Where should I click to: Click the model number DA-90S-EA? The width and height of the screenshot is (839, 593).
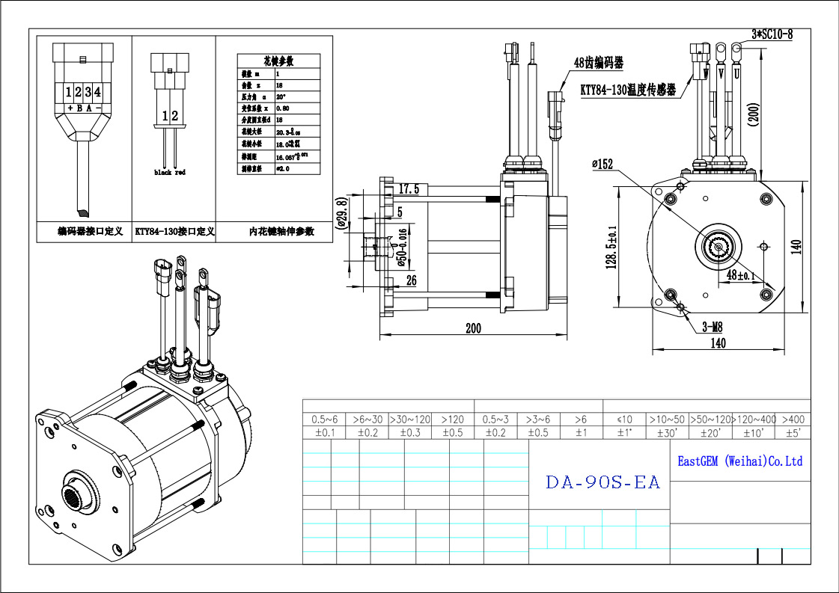coord(602,482)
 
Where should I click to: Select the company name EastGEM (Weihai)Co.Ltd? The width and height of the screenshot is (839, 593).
coord(739,461)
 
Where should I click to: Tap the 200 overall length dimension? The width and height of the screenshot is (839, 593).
coord(473,328)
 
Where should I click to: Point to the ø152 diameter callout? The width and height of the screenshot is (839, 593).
coord(603,164)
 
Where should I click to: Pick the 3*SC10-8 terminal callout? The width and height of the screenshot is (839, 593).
coord(771,34)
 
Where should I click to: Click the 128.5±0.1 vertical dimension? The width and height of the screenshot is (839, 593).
coord(611,248)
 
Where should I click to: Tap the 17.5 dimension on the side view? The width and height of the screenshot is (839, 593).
coord(409,188)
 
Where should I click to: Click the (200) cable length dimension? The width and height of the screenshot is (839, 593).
coord(754,113)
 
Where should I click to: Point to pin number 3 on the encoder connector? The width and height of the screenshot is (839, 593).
coord(88,92)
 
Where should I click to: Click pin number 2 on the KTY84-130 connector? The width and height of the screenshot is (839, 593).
coord(175,115)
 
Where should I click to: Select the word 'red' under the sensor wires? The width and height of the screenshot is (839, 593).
coord(180,173)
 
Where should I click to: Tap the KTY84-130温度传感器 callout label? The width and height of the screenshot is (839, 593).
coord(628,90)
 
